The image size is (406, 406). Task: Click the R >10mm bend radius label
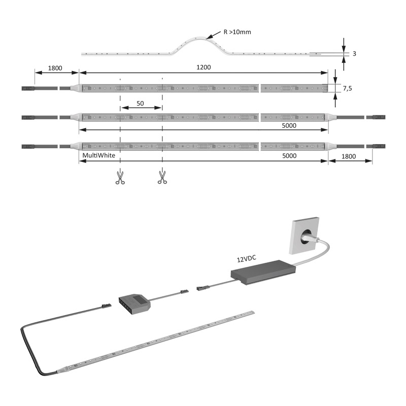coord(237,32)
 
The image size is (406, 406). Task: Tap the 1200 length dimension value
coord(204,67)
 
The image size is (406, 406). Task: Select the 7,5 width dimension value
coord(348,88)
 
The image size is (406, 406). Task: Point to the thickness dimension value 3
coord(354,54)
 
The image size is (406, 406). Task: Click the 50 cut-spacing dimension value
coord(140,104)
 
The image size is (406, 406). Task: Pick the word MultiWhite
coord(98,155)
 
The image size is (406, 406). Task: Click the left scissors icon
coord(120,178)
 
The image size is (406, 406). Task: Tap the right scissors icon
coord(162,178)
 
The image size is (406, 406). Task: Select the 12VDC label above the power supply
coord(247,258)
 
